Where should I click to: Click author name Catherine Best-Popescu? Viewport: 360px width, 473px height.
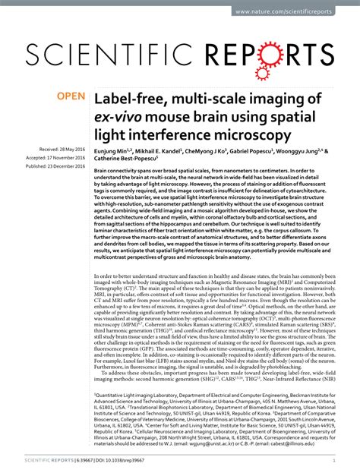(133, 161)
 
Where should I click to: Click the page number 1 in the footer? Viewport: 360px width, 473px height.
(335, 460)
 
